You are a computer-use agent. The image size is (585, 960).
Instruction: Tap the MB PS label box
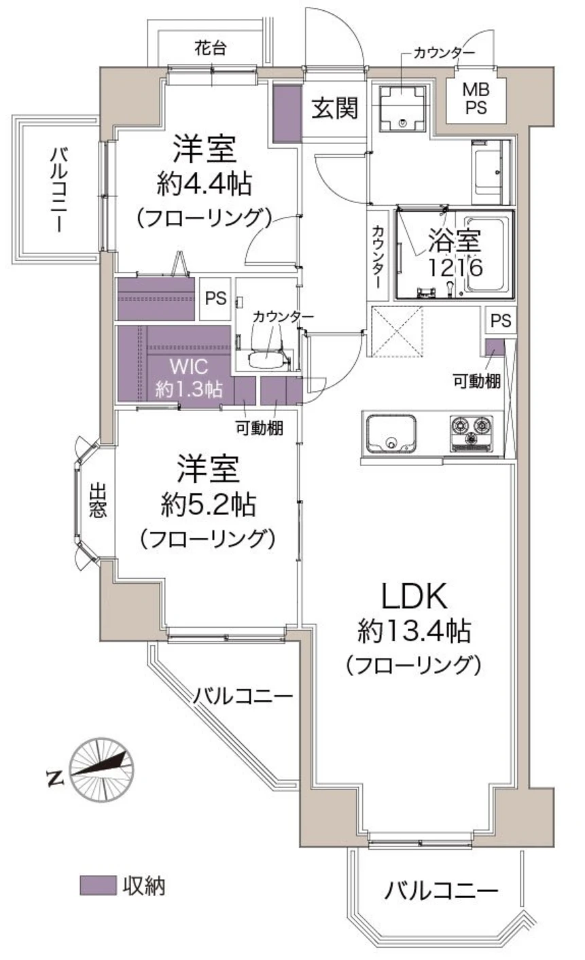click(476, 99)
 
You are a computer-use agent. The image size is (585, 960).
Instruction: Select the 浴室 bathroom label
click(454, 240)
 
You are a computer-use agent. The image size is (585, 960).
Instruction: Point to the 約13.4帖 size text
click(414, 632)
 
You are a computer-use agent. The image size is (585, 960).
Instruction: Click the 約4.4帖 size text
click(204, 183)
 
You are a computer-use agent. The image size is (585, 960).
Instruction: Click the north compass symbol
click(102, 770)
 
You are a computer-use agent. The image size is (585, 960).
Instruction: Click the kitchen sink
click(391, 435)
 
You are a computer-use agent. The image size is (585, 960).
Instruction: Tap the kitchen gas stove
click(471, 433)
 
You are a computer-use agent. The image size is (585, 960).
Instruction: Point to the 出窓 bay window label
click(98, 501)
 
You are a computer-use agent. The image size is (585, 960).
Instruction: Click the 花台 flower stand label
click(209, 48)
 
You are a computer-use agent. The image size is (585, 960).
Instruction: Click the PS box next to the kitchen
click(501, 321)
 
